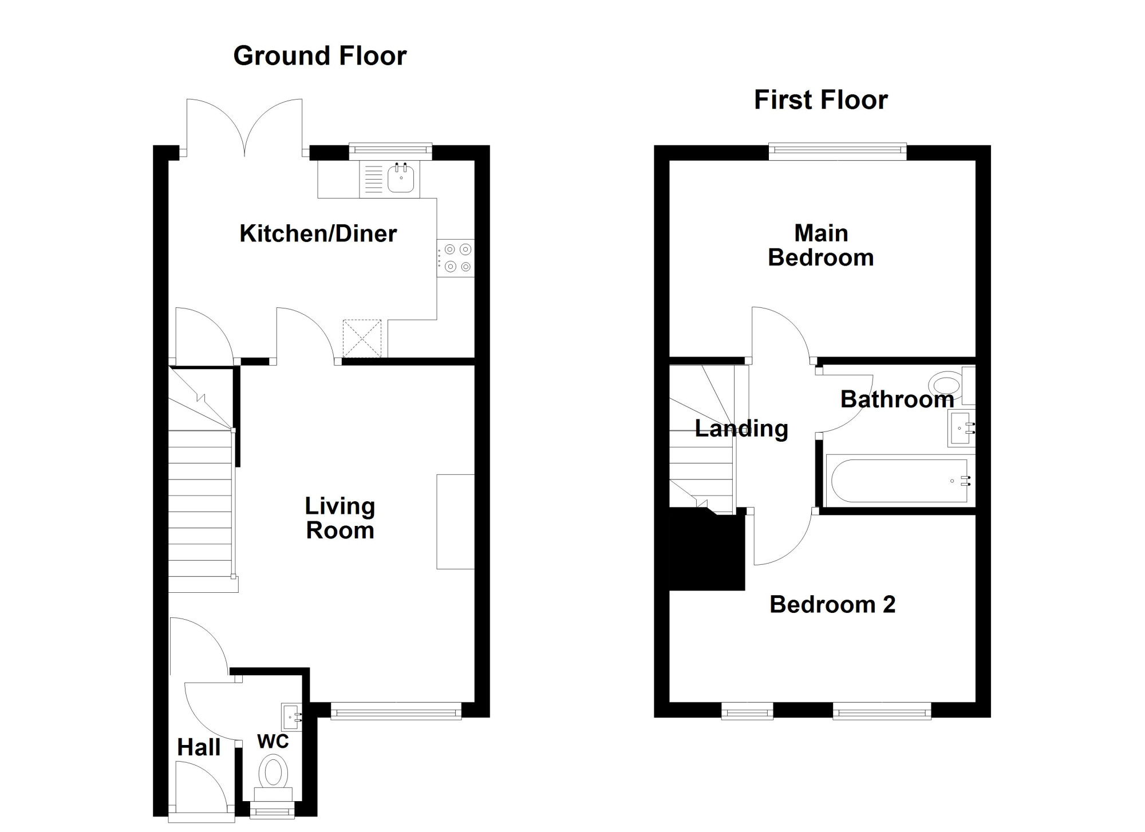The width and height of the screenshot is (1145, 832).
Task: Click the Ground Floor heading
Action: (x=320, y=56)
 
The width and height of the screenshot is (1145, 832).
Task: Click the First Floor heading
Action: (x=821, y=100)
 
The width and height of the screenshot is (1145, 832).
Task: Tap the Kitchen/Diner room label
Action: (x=318, y=233)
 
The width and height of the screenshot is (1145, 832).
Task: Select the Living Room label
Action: (x=340, y=518)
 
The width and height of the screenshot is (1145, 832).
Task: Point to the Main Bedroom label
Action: (x=821, y=245)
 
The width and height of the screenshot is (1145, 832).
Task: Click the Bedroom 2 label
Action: (x=832, y=604)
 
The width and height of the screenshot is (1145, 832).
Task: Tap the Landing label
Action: (x=741, y=429)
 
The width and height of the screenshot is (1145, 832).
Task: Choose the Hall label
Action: (x=199, y=747)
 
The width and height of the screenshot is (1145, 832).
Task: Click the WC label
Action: (x=273, y=742)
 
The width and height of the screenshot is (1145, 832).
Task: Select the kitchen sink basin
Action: (x=401, y=179)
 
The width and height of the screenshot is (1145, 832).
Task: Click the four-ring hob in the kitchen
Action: (x=456, y=258)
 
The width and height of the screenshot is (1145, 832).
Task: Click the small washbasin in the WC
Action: (x=291, y=717)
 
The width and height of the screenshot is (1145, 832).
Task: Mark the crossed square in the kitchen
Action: (x=362, y=339)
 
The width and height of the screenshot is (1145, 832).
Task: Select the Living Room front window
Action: (x=396, y=711)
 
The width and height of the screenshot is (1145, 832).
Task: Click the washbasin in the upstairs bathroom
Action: (x=962, y=429)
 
